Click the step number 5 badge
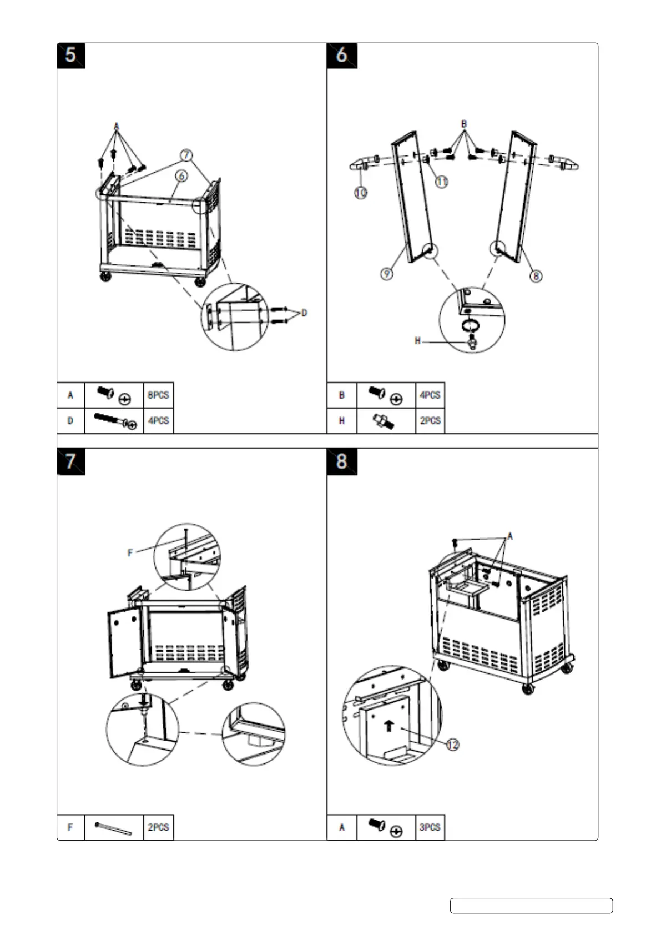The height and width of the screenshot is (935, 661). pos(70,56)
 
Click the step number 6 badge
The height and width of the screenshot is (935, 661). pos(342,56)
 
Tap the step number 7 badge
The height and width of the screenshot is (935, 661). pos(70,461)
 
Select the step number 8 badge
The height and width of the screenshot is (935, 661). pos(342,461)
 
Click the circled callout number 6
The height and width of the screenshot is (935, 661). pos(181,176)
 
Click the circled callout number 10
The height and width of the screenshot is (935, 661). pos(361,192)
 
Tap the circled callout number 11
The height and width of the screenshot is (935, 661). pos(441,181)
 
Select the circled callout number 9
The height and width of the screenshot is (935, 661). pos(387,273)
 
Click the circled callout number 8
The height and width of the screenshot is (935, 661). pos(536,275)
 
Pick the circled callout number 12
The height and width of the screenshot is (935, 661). pos(453,745)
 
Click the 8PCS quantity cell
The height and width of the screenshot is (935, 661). pos(158,395)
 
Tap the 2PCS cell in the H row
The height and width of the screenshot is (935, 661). pos(430,421)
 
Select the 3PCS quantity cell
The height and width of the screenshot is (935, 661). pos(430,827)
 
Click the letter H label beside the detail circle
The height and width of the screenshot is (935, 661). pos(418,340)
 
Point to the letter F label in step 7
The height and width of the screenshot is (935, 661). pos(130,552)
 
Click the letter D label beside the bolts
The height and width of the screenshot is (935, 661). pos(304,313)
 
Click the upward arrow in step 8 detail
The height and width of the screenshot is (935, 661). pos(389,725)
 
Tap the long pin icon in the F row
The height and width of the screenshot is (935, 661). pos(114,828)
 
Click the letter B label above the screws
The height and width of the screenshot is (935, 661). pos(464,124)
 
